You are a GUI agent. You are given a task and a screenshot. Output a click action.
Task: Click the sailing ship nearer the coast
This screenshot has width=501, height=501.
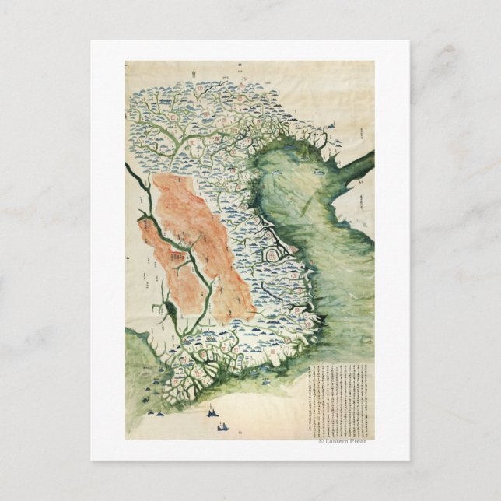click(x=212, y=413)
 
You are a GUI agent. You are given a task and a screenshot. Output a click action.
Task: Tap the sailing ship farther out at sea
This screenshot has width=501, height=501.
click(x=225, y=426)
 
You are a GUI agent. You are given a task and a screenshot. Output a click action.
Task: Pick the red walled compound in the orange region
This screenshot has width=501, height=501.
click(x=180, y=254)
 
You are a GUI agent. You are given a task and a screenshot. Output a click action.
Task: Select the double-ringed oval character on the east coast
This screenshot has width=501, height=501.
click(x=273, y=254)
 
